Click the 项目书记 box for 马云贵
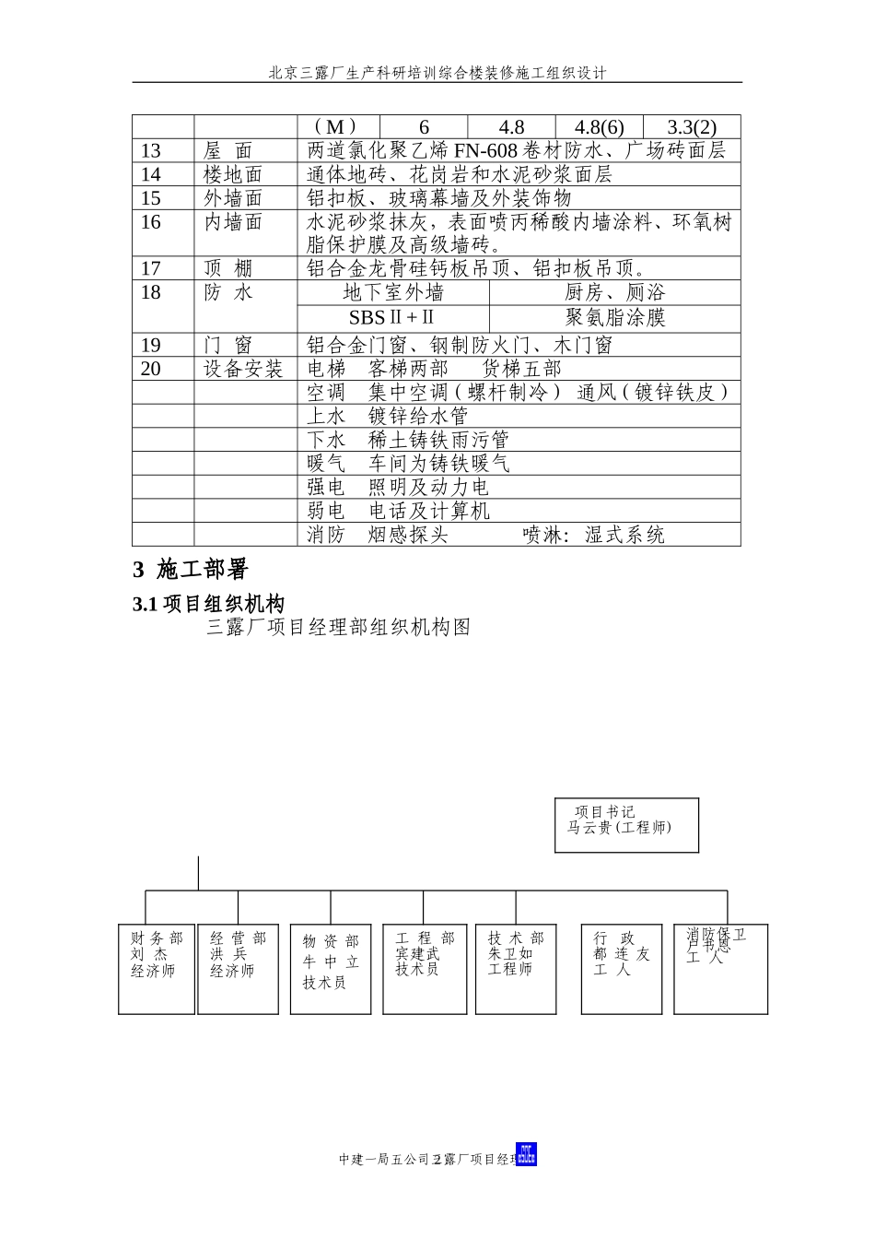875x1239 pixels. (626, 825)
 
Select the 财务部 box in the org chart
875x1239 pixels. (157, 968)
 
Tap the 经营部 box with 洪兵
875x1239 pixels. (238, 968)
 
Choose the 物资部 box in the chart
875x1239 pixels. (331, 969)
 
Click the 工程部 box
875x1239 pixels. (424, 968)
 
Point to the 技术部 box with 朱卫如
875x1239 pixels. (516, 968)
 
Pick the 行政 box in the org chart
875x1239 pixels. (621, 968)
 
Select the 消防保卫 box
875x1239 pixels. (720, 968)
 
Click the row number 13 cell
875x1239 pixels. (151, 151)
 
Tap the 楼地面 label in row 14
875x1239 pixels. (233, 175)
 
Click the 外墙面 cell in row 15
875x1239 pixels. (233, 199)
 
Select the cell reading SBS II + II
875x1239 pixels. (392, 318)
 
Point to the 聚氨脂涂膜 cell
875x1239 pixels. (614, 318)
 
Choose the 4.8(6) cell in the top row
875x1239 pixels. (599, 128)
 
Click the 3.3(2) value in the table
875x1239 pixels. (691, 128)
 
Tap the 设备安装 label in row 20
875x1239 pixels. (243, 370)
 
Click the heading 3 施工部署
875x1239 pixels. (191, 570)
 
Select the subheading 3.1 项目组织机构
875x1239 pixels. (209, 604)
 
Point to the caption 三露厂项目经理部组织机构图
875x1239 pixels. (339, 628)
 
